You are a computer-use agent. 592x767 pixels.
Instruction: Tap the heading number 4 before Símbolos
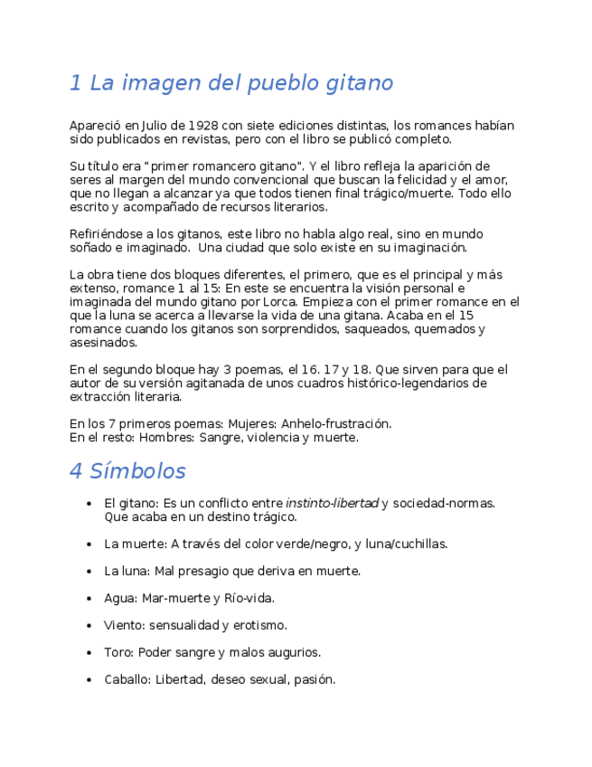pos(76,471)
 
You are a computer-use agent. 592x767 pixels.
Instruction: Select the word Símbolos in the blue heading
pos(137,471)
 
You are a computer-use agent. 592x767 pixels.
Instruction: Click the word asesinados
pos(104,343)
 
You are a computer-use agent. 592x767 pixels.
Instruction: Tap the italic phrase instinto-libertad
pos(332,503)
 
